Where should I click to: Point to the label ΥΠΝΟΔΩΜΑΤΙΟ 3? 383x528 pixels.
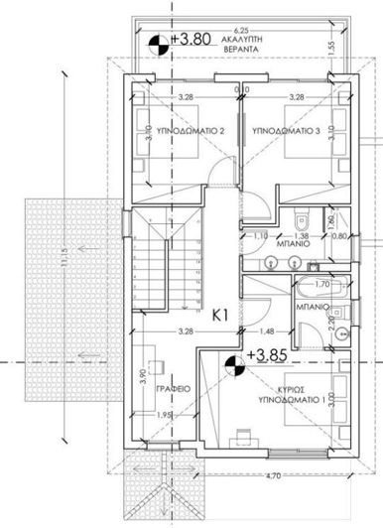point(287,130)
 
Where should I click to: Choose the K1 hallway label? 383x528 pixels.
point(223,316)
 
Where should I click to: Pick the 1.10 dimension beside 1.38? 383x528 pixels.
point(259,236)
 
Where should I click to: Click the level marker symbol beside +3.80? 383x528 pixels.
point(157,43)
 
